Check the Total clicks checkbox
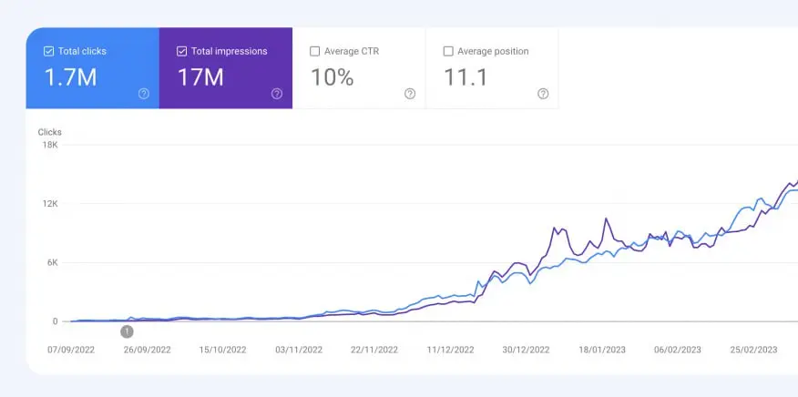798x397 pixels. tap(48, 52)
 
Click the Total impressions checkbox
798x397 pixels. tap(181, 52)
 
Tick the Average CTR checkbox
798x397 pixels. tap(314, 52)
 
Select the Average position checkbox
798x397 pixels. tap(447, 52)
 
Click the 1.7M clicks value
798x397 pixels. tap(70, 77)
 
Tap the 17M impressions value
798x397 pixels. tap(200, 77)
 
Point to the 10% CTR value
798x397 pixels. tap(332, 77)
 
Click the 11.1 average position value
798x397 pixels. tap(465, 77)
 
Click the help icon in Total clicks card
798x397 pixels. tap(144, 94)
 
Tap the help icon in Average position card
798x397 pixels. tap(543, 94)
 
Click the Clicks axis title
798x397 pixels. tap(49, 132)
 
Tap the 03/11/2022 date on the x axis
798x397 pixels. tap(299, 350)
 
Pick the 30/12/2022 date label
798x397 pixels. tap(527, 350)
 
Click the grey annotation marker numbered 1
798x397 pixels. tap(127, 331)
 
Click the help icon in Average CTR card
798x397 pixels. tap(410, 94)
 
